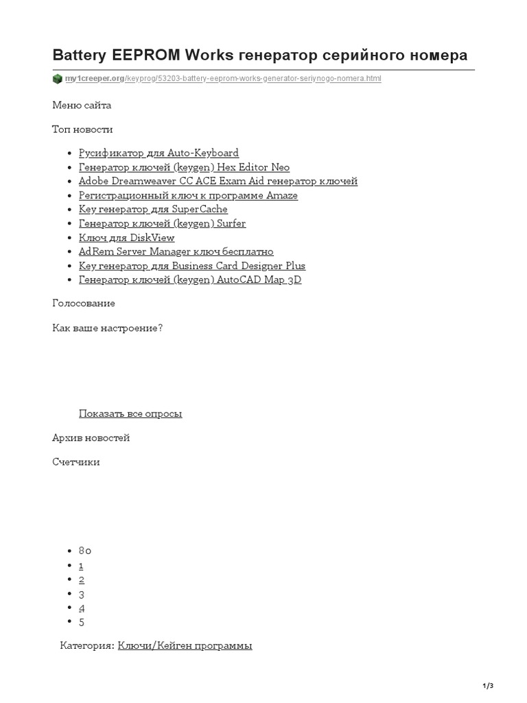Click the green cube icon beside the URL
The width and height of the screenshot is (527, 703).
click(x=58, y=79)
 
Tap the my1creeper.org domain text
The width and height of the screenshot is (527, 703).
click(x=95, y=79)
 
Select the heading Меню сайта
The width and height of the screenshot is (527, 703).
click(x=82, y=105)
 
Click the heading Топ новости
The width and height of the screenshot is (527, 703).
click(x=82, y=129)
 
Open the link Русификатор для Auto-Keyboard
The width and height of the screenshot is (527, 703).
click(x=159, y=153)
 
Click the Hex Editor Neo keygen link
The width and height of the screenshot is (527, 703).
click(x=184, y=168)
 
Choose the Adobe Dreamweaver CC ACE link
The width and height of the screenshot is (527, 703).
click(x=218, y=181)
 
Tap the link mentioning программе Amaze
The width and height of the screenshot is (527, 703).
click(x=188, y=196)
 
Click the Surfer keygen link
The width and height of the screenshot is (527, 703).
click(x=162, y=224)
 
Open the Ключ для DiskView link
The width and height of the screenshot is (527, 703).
click(x=126, y=238)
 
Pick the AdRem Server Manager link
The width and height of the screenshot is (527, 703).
click(x=176, y=252)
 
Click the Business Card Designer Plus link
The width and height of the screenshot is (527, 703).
click(x=192, y=266)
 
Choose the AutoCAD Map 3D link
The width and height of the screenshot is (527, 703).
click(x=190, y=280)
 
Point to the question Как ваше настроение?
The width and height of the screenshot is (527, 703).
click(x=108, y=328)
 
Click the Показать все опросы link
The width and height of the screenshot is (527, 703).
click(x=130, y=413)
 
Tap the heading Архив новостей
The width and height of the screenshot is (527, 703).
click(x=91, y=438)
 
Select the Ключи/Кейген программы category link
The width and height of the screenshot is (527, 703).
click(x=185, y=645)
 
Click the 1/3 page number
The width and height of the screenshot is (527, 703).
click(x=489, y=686)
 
